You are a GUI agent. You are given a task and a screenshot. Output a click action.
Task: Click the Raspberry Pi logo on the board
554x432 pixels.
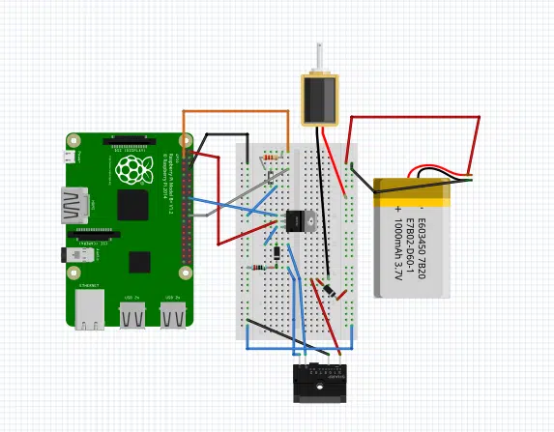tap(134, 171)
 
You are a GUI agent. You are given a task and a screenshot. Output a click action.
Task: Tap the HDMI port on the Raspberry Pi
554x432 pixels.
tap(73, 205)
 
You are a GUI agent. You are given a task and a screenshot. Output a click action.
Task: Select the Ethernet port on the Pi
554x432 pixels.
tap(90, 309)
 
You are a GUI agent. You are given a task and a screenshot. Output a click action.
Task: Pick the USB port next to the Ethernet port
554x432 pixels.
tap(132, 314)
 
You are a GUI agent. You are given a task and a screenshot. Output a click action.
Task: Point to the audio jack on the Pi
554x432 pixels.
tap(77, 255)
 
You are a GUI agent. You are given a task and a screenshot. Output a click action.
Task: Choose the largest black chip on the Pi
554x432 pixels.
tap(132, 205)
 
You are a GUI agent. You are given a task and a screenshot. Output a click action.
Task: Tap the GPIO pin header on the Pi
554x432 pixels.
tap(186, 208)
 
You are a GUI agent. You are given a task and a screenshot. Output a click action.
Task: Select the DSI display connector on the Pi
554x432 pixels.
tap(129, 142)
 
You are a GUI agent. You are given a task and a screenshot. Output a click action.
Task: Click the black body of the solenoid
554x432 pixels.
tap(319, 100)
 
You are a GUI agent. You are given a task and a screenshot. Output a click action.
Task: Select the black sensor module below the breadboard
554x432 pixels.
tap(319, 383)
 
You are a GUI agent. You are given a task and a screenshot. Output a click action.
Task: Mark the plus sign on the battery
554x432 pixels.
tap(396, 209)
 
